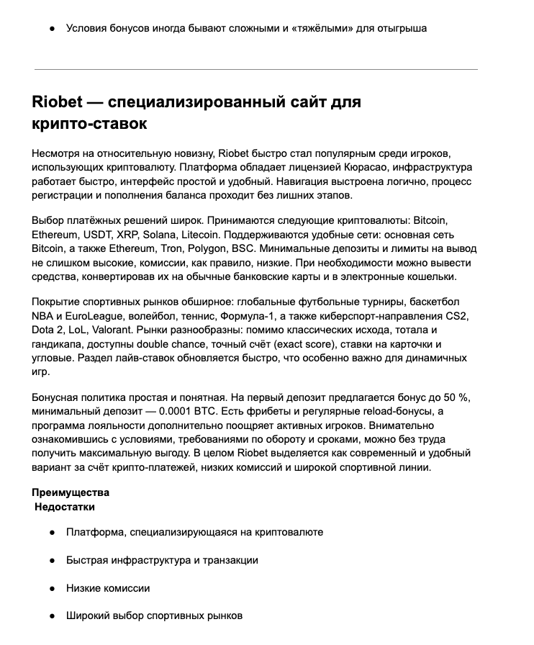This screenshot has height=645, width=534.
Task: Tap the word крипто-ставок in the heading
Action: pyautogui.click(x=90, y=123)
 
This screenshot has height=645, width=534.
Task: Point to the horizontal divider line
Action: pyautogui.click(x=256, y=70)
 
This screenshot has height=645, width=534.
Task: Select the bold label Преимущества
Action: pyautogui.click(x=71, y=493)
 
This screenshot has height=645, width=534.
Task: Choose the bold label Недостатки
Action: pyautogui.click(x=65, y=507)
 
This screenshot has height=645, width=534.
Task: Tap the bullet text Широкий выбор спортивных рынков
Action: pyautogui.click(x=154, y=616)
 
